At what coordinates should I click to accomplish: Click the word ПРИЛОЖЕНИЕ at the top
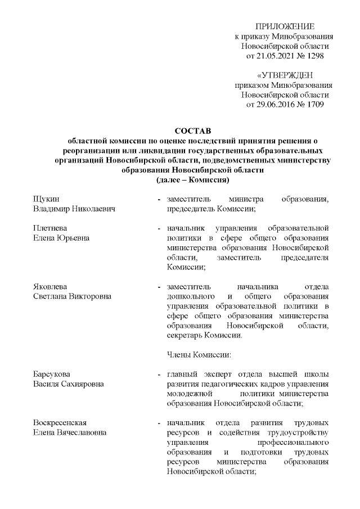(x=285, y=26)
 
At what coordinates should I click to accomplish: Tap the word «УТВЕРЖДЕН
(x=285, y=75)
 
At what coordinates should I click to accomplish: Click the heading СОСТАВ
(x=192, y=131)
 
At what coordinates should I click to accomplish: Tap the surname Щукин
(x=47, y=199)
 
